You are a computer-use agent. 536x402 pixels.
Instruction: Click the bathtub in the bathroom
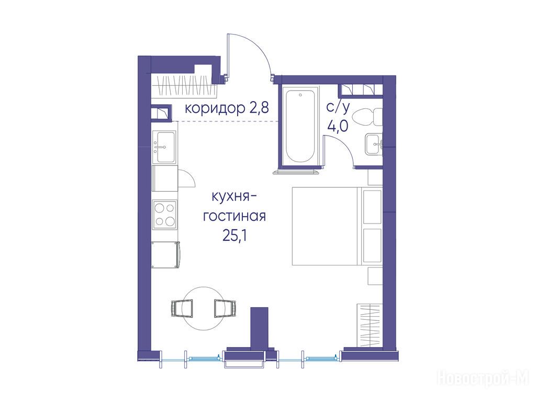(x=300, y=126)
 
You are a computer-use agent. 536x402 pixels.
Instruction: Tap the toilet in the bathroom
(x=368, y=117)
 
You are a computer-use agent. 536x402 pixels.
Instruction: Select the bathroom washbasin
(x=374, y=144)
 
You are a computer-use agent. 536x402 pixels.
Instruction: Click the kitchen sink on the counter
(x=165, y=147)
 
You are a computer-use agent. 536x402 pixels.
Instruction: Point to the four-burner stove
(x=165, y=214)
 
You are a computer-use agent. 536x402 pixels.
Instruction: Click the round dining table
(x=204, y=308)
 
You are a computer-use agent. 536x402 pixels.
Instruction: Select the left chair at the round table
(x=181, y=308)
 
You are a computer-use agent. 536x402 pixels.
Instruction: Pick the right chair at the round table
(x=225, y=308)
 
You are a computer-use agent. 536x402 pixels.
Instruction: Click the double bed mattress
(x=337, y=226)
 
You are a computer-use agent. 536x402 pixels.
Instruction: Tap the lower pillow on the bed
(x=372, y=245)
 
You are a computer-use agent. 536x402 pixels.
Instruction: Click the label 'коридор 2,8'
(x=227, y=108)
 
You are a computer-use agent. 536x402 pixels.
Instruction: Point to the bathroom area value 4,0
(x=338, y=126)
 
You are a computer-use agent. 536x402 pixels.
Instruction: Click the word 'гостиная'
(x=234, y=217)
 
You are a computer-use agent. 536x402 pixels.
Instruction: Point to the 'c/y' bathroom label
(x=338, y=108)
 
